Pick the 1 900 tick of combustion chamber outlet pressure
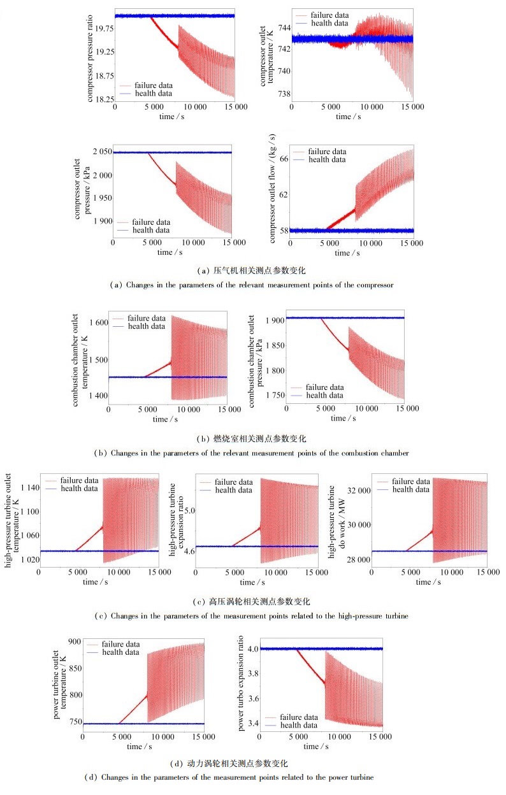(273, 320)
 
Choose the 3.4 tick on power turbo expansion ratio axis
(251, 723)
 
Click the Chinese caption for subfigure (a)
(253, 270)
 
